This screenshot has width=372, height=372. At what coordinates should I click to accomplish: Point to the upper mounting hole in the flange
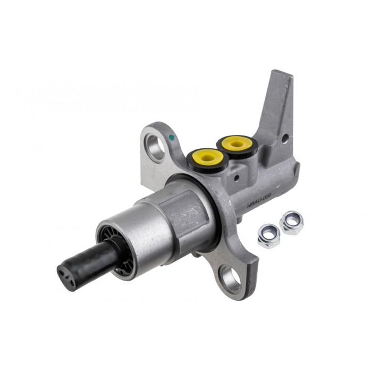(155, 147)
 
